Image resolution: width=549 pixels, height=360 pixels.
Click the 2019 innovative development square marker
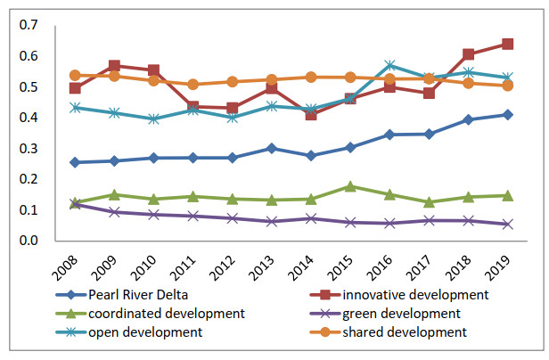(507, 44)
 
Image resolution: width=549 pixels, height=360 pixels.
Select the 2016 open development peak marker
(389, 65)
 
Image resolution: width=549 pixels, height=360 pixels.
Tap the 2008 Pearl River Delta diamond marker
(75, 162)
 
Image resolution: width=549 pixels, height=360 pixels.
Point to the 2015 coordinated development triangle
(350, 186)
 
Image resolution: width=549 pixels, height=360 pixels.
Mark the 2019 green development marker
(507, 224)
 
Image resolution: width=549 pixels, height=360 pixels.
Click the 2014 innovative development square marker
(311, 114)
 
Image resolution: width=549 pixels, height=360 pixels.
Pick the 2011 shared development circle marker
(193, 85)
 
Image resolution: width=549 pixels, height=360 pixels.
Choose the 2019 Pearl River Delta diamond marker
(507, 114)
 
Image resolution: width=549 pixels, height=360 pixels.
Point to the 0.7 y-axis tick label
(31, 24)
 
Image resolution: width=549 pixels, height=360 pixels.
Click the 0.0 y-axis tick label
(31, 241)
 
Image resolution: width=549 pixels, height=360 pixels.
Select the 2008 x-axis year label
(70, 266)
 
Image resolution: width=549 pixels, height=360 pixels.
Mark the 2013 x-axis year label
(266, 266)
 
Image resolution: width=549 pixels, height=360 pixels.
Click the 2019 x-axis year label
(502, 266)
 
